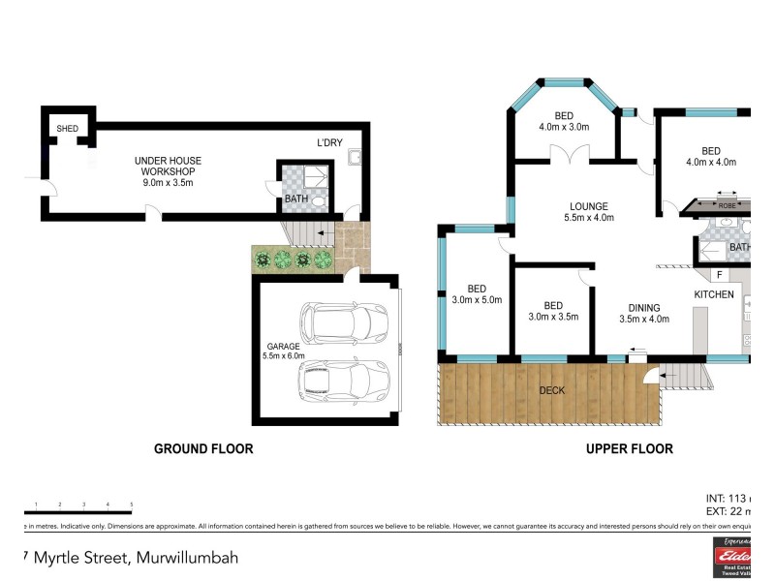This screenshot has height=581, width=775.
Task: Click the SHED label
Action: click(67, 129)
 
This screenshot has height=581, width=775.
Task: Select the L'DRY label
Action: click(330, 143)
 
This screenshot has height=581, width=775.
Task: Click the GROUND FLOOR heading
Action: click(203, 449)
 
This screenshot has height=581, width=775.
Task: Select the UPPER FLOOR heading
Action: click(629, 449)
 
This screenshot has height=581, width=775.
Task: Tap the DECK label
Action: click(552, 390)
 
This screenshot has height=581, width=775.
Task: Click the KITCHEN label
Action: click(713, 294)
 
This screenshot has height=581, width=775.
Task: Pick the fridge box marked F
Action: click(720, 275)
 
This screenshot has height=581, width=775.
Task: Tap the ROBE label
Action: click(728, 205)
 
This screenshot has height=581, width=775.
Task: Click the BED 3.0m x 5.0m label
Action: click(477, 294)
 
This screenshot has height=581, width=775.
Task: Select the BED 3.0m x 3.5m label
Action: click(553, 311)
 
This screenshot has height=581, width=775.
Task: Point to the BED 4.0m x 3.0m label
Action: click(563, 119)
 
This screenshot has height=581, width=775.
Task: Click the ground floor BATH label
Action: click(295, 199)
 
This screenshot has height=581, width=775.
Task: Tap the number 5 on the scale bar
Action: click(131, 505)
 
